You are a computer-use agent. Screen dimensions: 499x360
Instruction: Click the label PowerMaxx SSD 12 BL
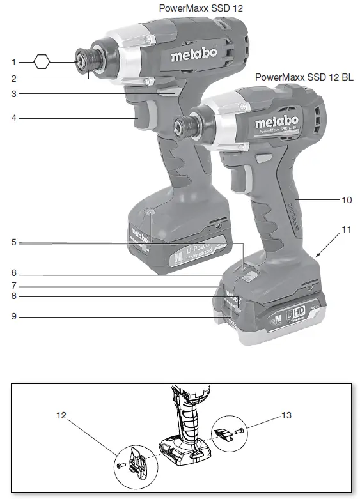coord(304,77)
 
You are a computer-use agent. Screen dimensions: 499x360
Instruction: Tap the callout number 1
coord(13,62)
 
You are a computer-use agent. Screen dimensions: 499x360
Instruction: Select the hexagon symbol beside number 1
coord(42,62)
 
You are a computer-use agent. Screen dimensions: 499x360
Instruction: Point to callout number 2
coord(13,79)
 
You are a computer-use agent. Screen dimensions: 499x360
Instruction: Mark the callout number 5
coord(13,243)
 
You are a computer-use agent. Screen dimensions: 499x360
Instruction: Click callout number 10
coord(346,200)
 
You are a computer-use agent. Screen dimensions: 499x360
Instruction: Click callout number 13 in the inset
coord(286,415)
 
